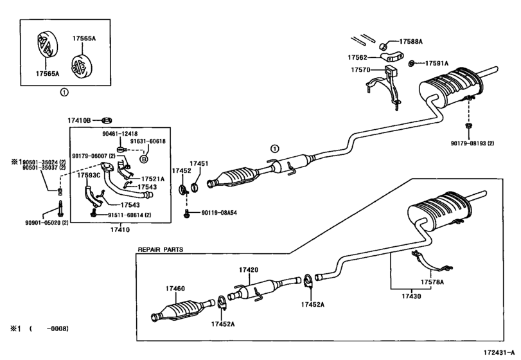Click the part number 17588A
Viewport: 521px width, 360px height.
click(x=411, y=42)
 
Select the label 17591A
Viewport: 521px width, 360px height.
click(x=437, y=63)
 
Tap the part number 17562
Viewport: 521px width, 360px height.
click(x=358, y=57)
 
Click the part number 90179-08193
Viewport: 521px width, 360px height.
click(x=468, y=143)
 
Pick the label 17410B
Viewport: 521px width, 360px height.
click(x=79, y=120)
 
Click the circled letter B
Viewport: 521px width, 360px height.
click(x=144, y=159)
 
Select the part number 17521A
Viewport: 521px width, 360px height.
click(x=152, y=179)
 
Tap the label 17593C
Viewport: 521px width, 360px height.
click(x=89, y=175)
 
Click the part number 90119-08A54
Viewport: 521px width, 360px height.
click(x=219, y=213)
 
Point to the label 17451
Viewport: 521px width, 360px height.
click(x=199, y=163)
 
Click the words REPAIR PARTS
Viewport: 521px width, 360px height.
click(x=160, y=249)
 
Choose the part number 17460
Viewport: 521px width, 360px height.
click(x=175, y=289)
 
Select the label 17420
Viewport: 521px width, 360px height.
click(x=248, y=270)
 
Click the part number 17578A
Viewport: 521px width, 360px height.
click(x=432, y=282)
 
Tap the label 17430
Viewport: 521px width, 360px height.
click(x=411, y=296)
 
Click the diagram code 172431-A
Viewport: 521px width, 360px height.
click(x=499, y=352)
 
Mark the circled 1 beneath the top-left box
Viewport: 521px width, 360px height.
click(x=64, y=92)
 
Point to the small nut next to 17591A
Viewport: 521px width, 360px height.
click(x=411, y=63)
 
